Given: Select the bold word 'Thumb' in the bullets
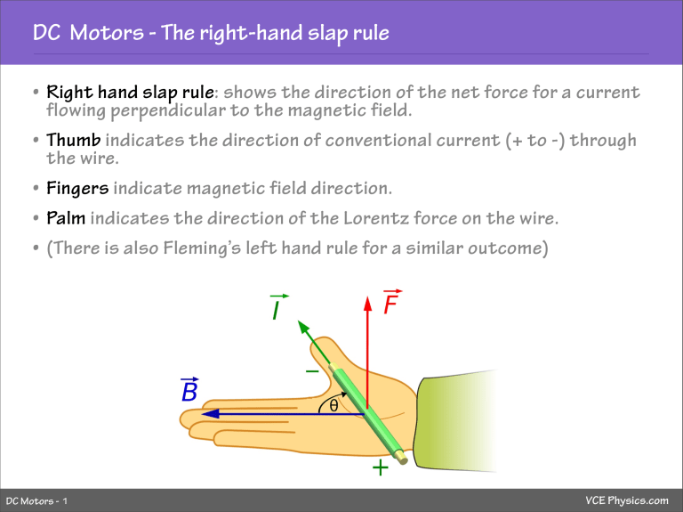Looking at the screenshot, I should coord(75,142).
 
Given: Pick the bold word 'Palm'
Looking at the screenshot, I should coord(67,219).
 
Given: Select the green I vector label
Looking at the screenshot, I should coord(278,309).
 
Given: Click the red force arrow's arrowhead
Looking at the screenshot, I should coord(366,305).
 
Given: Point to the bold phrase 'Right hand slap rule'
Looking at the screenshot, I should coord(124,93).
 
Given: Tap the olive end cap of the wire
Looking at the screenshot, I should coord(402,458).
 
